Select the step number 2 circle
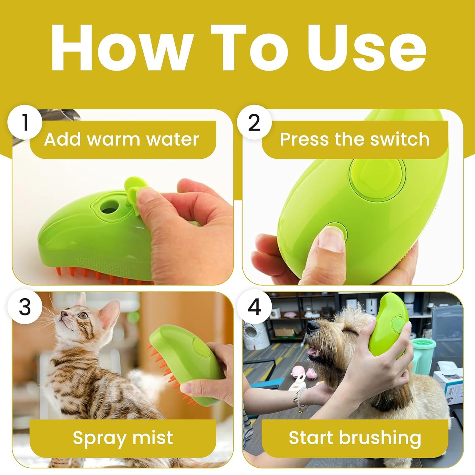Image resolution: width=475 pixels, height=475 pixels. coord(254,123)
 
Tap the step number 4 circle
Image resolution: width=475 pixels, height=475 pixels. coord(254,307)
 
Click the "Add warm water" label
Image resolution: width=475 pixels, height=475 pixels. coord(122,139)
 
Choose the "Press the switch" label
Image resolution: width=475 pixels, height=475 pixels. coord(355,139)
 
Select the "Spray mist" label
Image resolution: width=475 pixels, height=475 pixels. coord(123,438)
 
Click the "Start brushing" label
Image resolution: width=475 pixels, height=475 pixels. coord(355,438)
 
